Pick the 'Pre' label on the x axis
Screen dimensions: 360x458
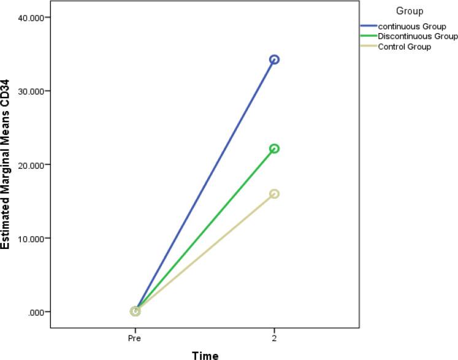tap(135, 338)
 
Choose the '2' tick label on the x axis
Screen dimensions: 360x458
tap(274, 338)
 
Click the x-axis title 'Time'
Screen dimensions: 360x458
tap(205, 355)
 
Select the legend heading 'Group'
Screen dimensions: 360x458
tap(409, 11)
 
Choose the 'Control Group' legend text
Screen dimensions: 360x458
tap(405, 47)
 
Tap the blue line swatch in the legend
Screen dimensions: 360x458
tap(368, 27)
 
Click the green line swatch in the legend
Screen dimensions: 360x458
tap(368, 37)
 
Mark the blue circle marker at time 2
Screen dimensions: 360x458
tap(274, 59)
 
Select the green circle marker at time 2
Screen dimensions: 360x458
tap(274, 148)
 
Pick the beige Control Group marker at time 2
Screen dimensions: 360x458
tap(274, 194)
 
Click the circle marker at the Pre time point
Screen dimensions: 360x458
tap(135, 312)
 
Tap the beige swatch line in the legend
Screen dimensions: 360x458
tap(368, 47)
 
